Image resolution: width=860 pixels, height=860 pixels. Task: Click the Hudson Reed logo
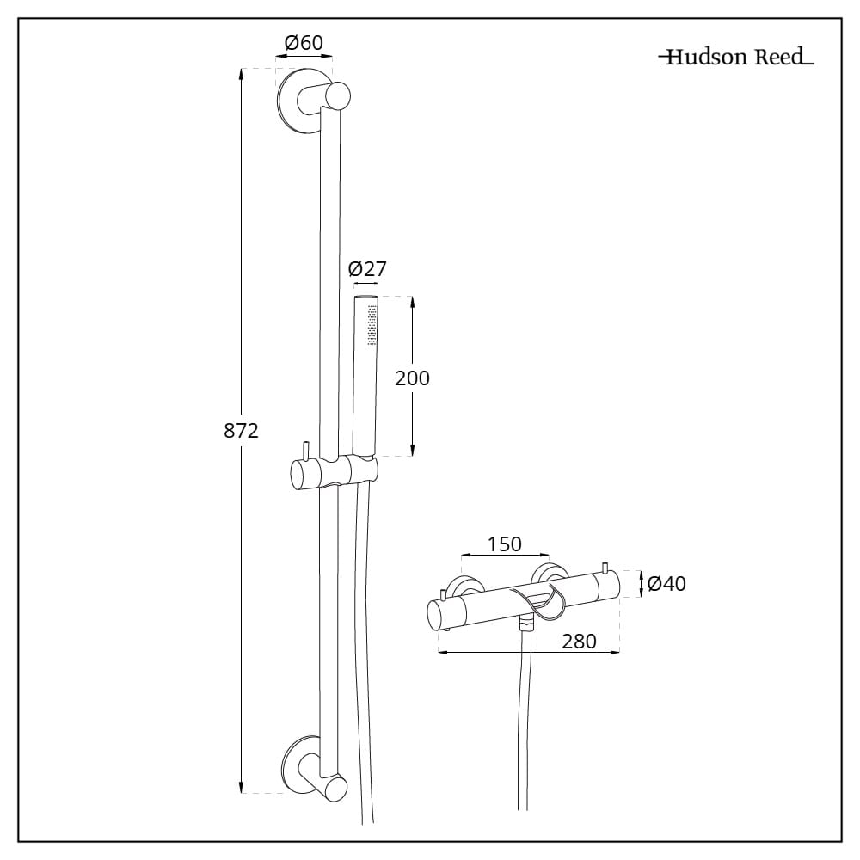tap(735, 58)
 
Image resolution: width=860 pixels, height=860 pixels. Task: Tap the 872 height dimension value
tap(241, 431)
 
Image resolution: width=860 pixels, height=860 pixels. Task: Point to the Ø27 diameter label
tap(367, 268)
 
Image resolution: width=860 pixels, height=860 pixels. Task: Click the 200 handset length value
tap(412, 378)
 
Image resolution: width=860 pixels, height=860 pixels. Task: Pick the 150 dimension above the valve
tap(504, 544)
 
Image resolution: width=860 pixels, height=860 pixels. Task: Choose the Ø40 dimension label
tap(666, 584)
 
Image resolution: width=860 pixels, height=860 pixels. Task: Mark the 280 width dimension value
tap(579, 642)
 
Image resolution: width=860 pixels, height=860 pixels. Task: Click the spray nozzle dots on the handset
tap(372, 324)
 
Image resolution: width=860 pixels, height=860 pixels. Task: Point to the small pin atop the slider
tap(304, 451)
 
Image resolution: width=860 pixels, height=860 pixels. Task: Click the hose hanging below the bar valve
tap(524, 731)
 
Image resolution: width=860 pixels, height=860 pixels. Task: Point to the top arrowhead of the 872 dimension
tap(242, 74)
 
